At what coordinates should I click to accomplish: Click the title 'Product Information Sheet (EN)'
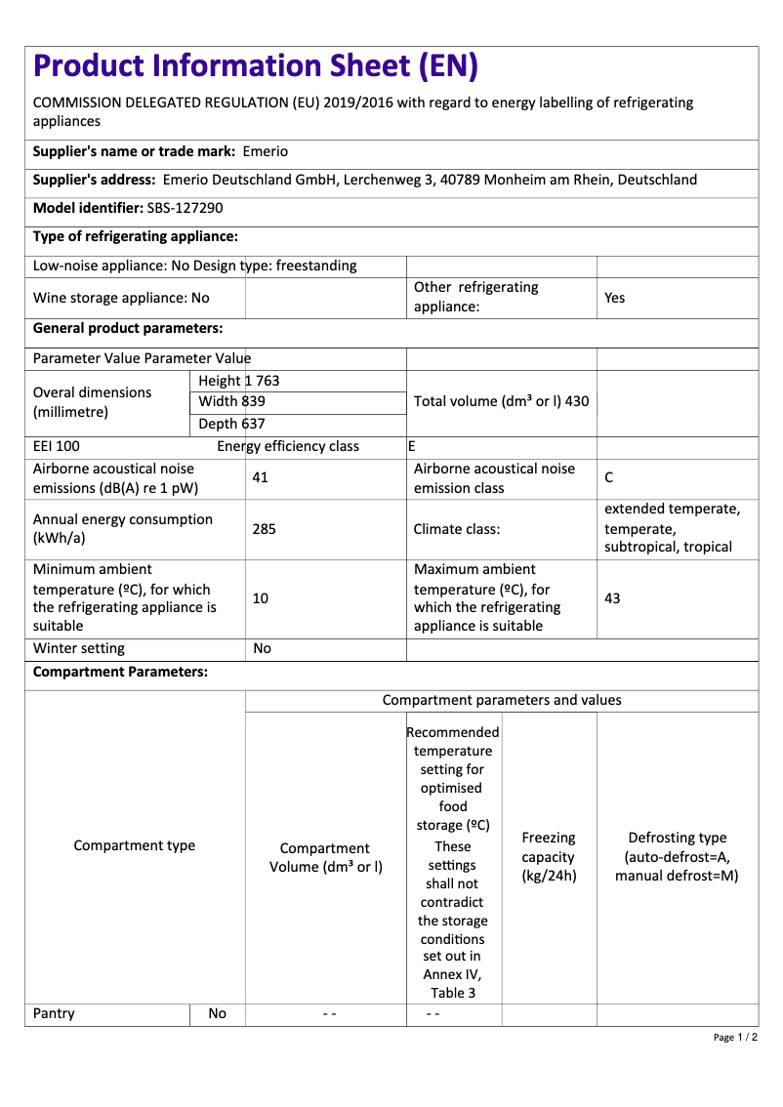pos(256,65)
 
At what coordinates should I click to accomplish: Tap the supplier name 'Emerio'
pos(265,151)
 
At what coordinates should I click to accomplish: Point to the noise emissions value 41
pos(260,478)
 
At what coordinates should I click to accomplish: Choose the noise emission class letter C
pos(609,478)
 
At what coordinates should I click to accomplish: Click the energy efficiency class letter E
pos(412,446)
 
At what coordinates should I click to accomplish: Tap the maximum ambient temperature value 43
pos(612,597)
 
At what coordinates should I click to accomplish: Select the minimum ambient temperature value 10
pos(260,597)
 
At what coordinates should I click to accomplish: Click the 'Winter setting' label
pos(79,648)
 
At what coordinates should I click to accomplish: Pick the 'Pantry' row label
pos(54,1013)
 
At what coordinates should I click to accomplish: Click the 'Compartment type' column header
pos(135,845)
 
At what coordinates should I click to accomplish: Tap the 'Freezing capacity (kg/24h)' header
pos(549,856)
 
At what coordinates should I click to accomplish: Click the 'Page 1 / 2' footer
pos(735,1037)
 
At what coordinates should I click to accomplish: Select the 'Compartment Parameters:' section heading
pos(120,672)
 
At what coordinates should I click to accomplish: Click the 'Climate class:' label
pos(457,529)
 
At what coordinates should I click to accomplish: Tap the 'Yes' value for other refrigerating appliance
pos(614,298)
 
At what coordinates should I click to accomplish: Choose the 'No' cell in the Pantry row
pos(217,1013)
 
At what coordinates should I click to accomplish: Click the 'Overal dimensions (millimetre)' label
pos(93,401)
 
